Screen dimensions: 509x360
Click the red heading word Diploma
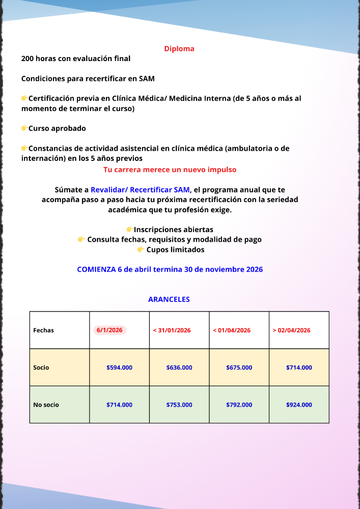[x=179, y=49]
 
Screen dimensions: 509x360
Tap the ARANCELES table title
[x=169, y=299]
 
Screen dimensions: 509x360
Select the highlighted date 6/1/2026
[x=109, y=330]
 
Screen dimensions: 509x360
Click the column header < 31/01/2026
[x=172, y=330]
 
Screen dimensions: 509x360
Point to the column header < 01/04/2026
[x=232, y=330]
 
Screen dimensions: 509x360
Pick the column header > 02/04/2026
[x=291, y=330]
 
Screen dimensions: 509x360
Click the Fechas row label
[x=43, y=330]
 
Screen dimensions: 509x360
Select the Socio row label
[x=41, y=367]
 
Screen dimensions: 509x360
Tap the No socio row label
[x=46, y=405]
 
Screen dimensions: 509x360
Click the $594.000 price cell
[x=119, y=367]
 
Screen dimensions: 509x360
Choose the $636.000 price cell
[x=179, y=367]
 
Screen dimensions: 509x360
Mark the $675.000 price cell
[x=239, y=367]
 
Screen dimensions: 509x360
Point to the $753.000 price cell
[x=179, y=405]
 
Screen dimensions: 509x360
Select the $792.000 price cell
[x=239, y=405]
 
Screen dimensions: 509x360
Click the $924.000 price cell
[x=299, y=405]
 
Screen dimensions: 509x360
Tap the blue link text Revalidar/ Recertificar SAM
[x=140, y=190]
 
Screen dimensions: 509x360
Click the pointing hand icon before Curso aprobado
[x=24, y=128]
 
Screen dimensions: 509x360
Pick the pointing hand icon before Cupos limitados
[x=141, y=249]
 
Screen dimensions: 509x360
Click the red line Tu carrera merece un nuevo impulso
[x=170, y=169]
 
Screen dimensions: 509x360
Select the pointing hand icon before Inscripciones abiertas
[x=129, y=230]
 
